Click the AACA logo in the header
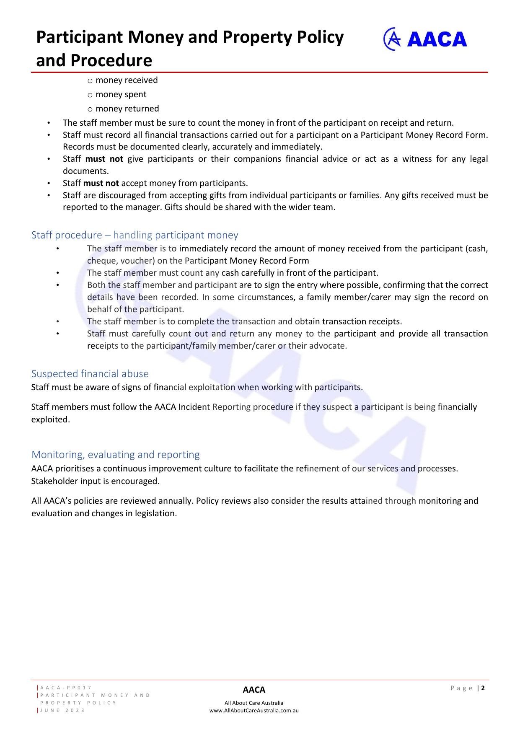pos(425,39)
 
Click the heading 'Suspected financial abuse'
pos(90,373)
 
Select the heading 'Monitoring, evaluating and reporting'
pos(115,454)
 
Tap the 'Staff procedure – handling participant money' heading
pos(135,235)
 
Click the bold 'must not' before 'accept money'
pos(101,183)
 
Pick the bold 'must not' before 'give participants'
pos(104,159)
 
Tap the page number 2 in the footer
pos(483,688)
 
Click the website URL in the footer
pos(254,710)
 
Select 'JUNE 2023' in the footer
pos(62,710)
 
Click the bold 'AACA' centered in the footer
pos(254,690)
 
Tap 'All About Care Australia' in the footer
pos(254,703)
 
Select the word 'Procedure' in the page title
pos(111,60)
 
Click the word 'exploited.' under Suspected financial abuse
pos(50,419)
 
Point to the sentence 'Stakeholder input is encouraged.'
pos(96,481)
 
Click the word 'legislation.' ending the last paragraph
pos(156,513)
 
